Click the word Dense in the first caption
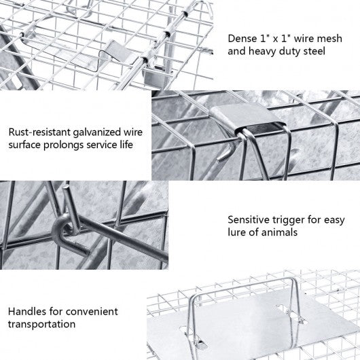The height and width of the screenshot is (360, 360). (242, 38)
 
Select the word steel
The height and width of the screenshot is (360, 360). (314, 51)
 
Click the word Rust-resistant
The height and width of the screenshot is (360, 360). (39, 132)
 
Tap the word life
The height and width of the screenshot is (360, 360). (126, 145)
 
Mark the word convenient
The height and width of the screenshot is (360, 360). (92, 312)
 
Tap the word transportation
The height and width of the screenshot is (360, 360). (41, 324)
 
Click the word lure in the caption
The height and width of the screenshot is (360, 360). (236, 232)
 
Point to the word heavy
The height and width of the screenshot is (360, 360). (262, 52)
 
